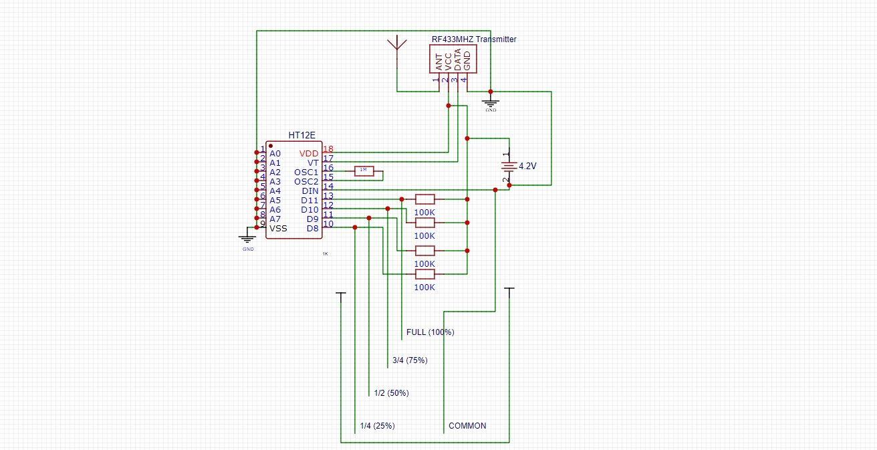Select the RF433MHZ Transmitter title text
(x=474, y=39)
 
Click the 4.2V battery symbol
(x=509, y=166)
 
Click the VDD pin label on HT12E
(x=309, y=154)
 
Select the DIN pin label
(x=310, y=191)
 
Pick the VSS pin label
(x=278, y=228)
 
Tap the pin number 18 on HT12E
(x=328, y=149)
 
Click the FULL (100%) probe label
(x=430, y=332)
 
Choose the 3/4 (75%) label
(x=410, y=360)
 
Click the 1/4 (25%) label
(x=377, y=426)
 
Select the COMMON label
(x=467, y=426)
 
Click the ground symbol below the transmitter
(x=491, y=104)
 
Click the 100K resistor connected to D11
(x=425, y=199)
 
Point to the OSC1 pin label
(x=306, y=173)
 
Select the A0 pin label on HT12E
(x=275, y=154)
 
